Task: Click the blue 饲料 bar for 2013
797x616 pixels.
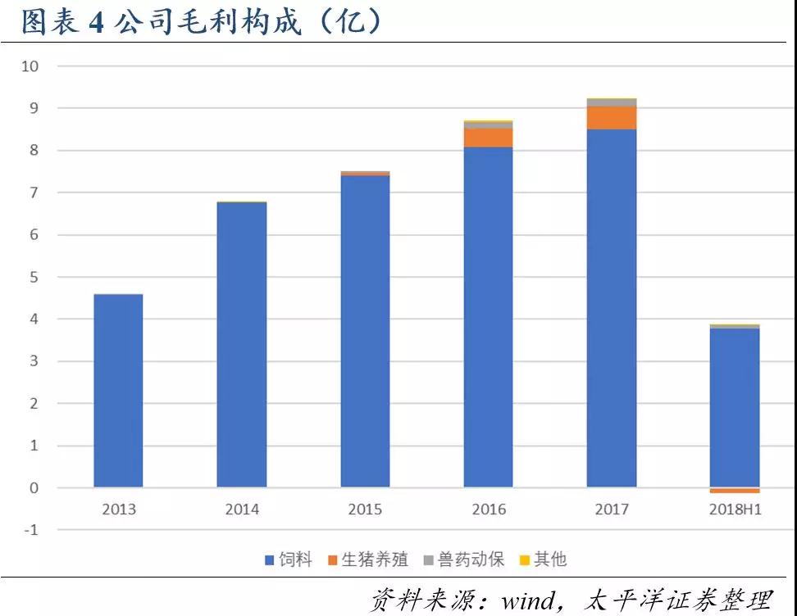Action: coord(118,391)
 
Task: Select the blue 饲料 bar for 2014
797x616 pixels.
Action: coord(242,344)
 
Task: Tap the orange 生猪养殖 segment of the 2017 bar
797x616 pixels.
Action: coord(612,118)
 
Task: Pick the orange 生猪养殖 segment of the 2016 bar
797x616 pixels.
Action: coord(489,138)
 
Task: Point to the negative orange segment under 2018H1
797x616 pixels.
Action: coord(735,491)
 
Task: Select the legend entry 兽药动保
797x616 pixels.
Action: coord(463,560)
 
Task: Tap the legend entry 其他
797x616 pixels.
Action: coord(543,560)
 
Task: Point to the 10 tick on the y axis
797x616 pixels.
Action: coord(30,66)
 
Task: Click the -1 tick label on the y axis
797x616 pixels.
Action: coord(30,530)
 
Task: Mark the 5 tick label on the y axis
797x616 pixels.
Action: coord(34,277)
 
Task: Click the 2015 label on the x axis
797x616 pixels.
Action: coord(365,510)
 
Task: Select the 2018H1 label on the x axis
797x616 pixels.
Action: coord(735,510)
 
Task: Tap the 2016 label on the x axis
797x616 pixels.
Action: coord(489,510)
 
